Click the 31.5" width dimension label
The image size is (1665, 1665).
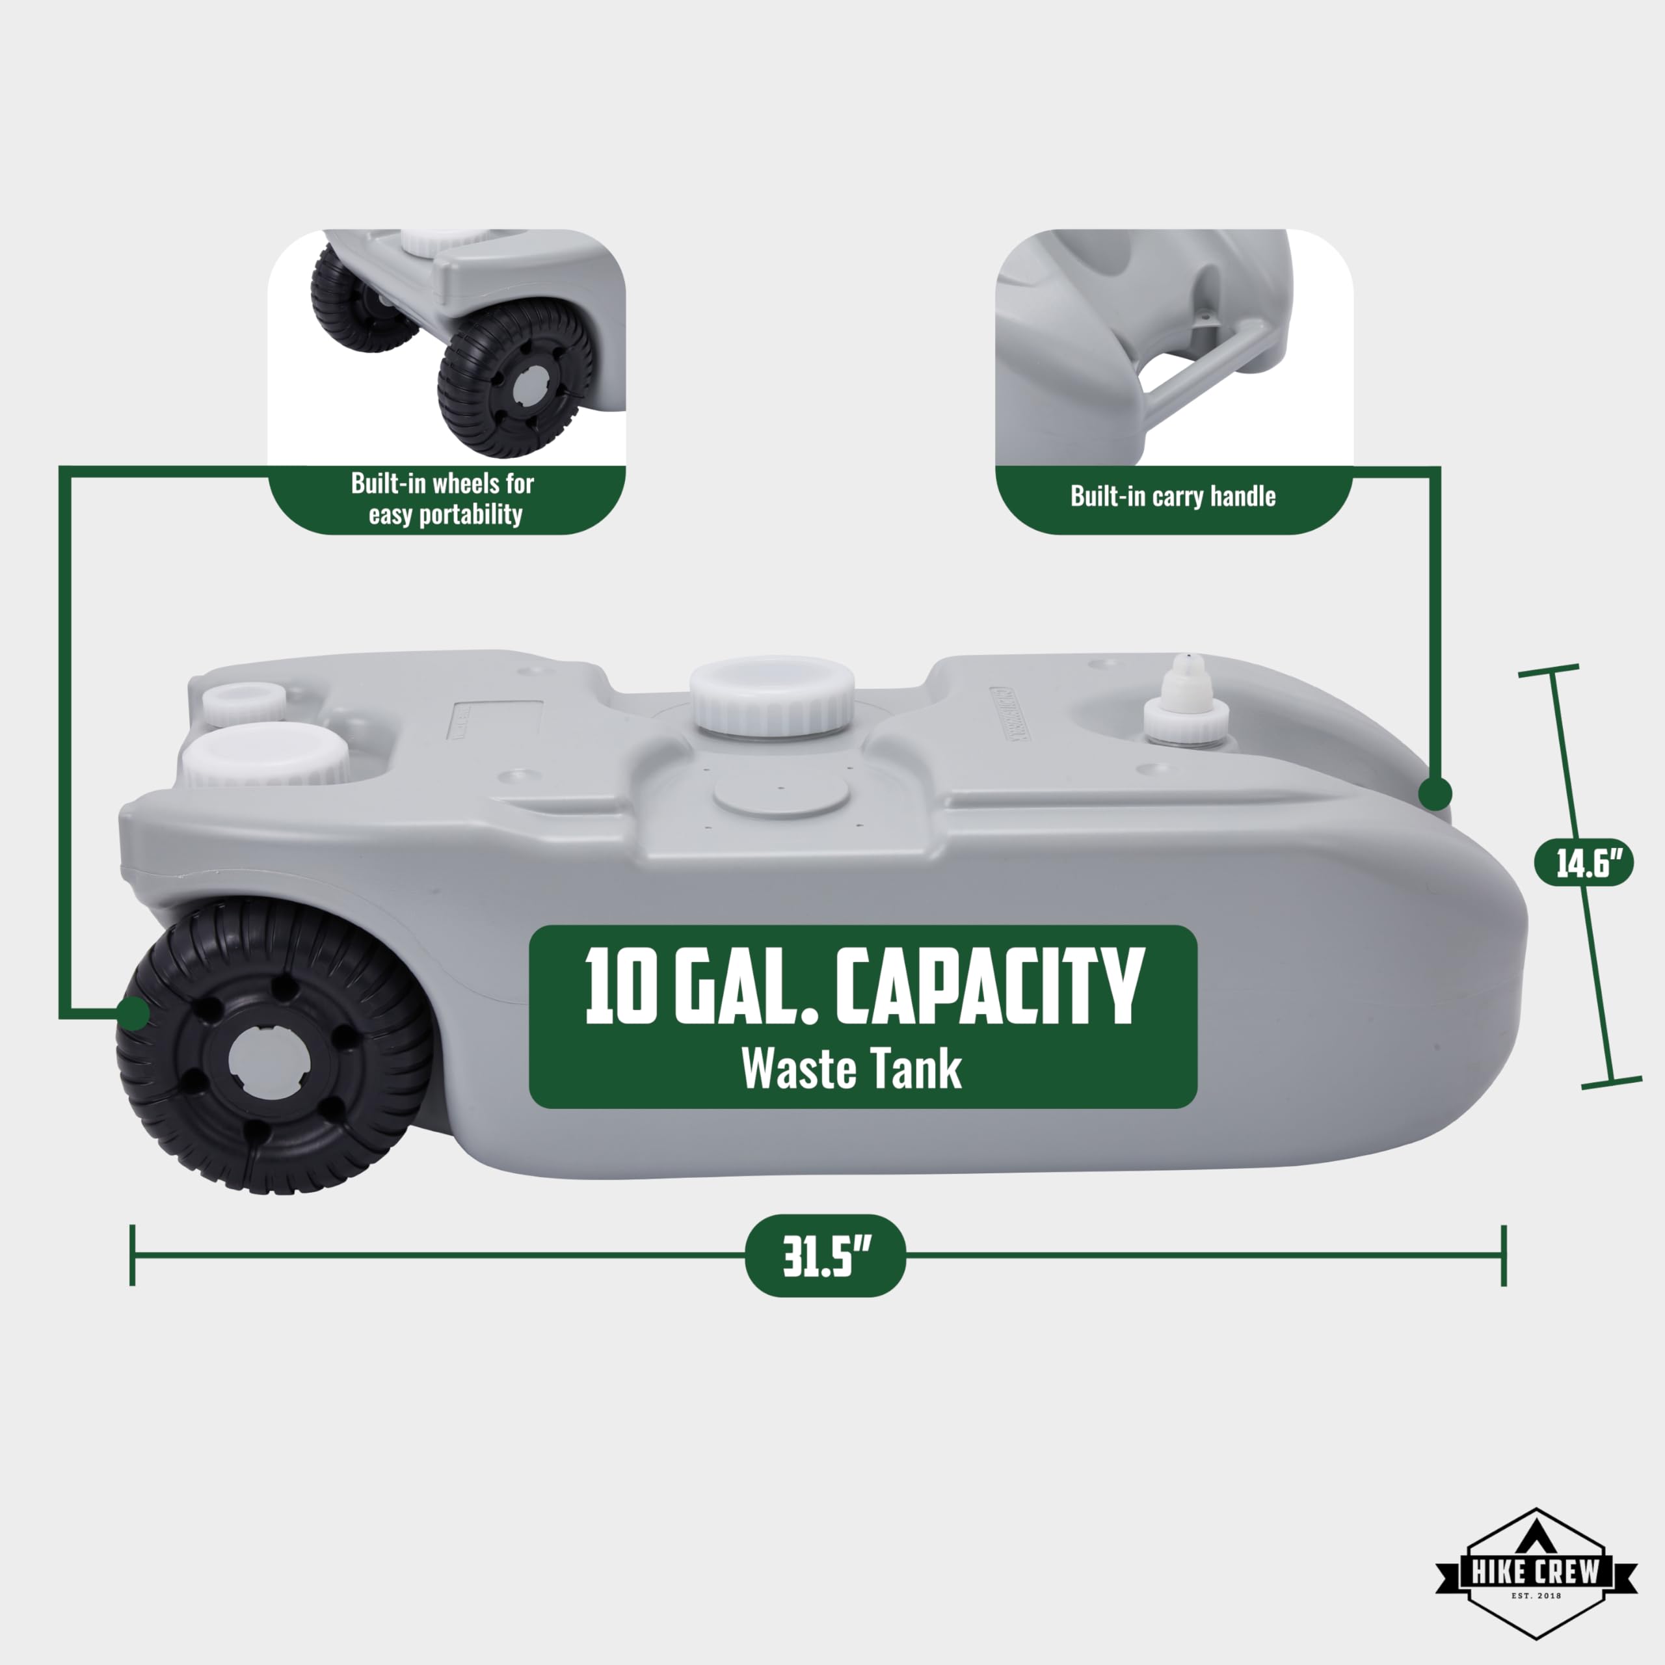(x=825, y=1257)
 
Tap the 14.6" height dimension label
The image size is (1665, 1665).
(x=1586, y=862)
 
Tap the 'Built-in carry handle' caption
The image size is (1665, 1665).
(x=1173, y=496)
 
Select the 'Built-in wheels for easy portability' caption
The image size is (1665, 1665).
(x=444, y=498)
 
